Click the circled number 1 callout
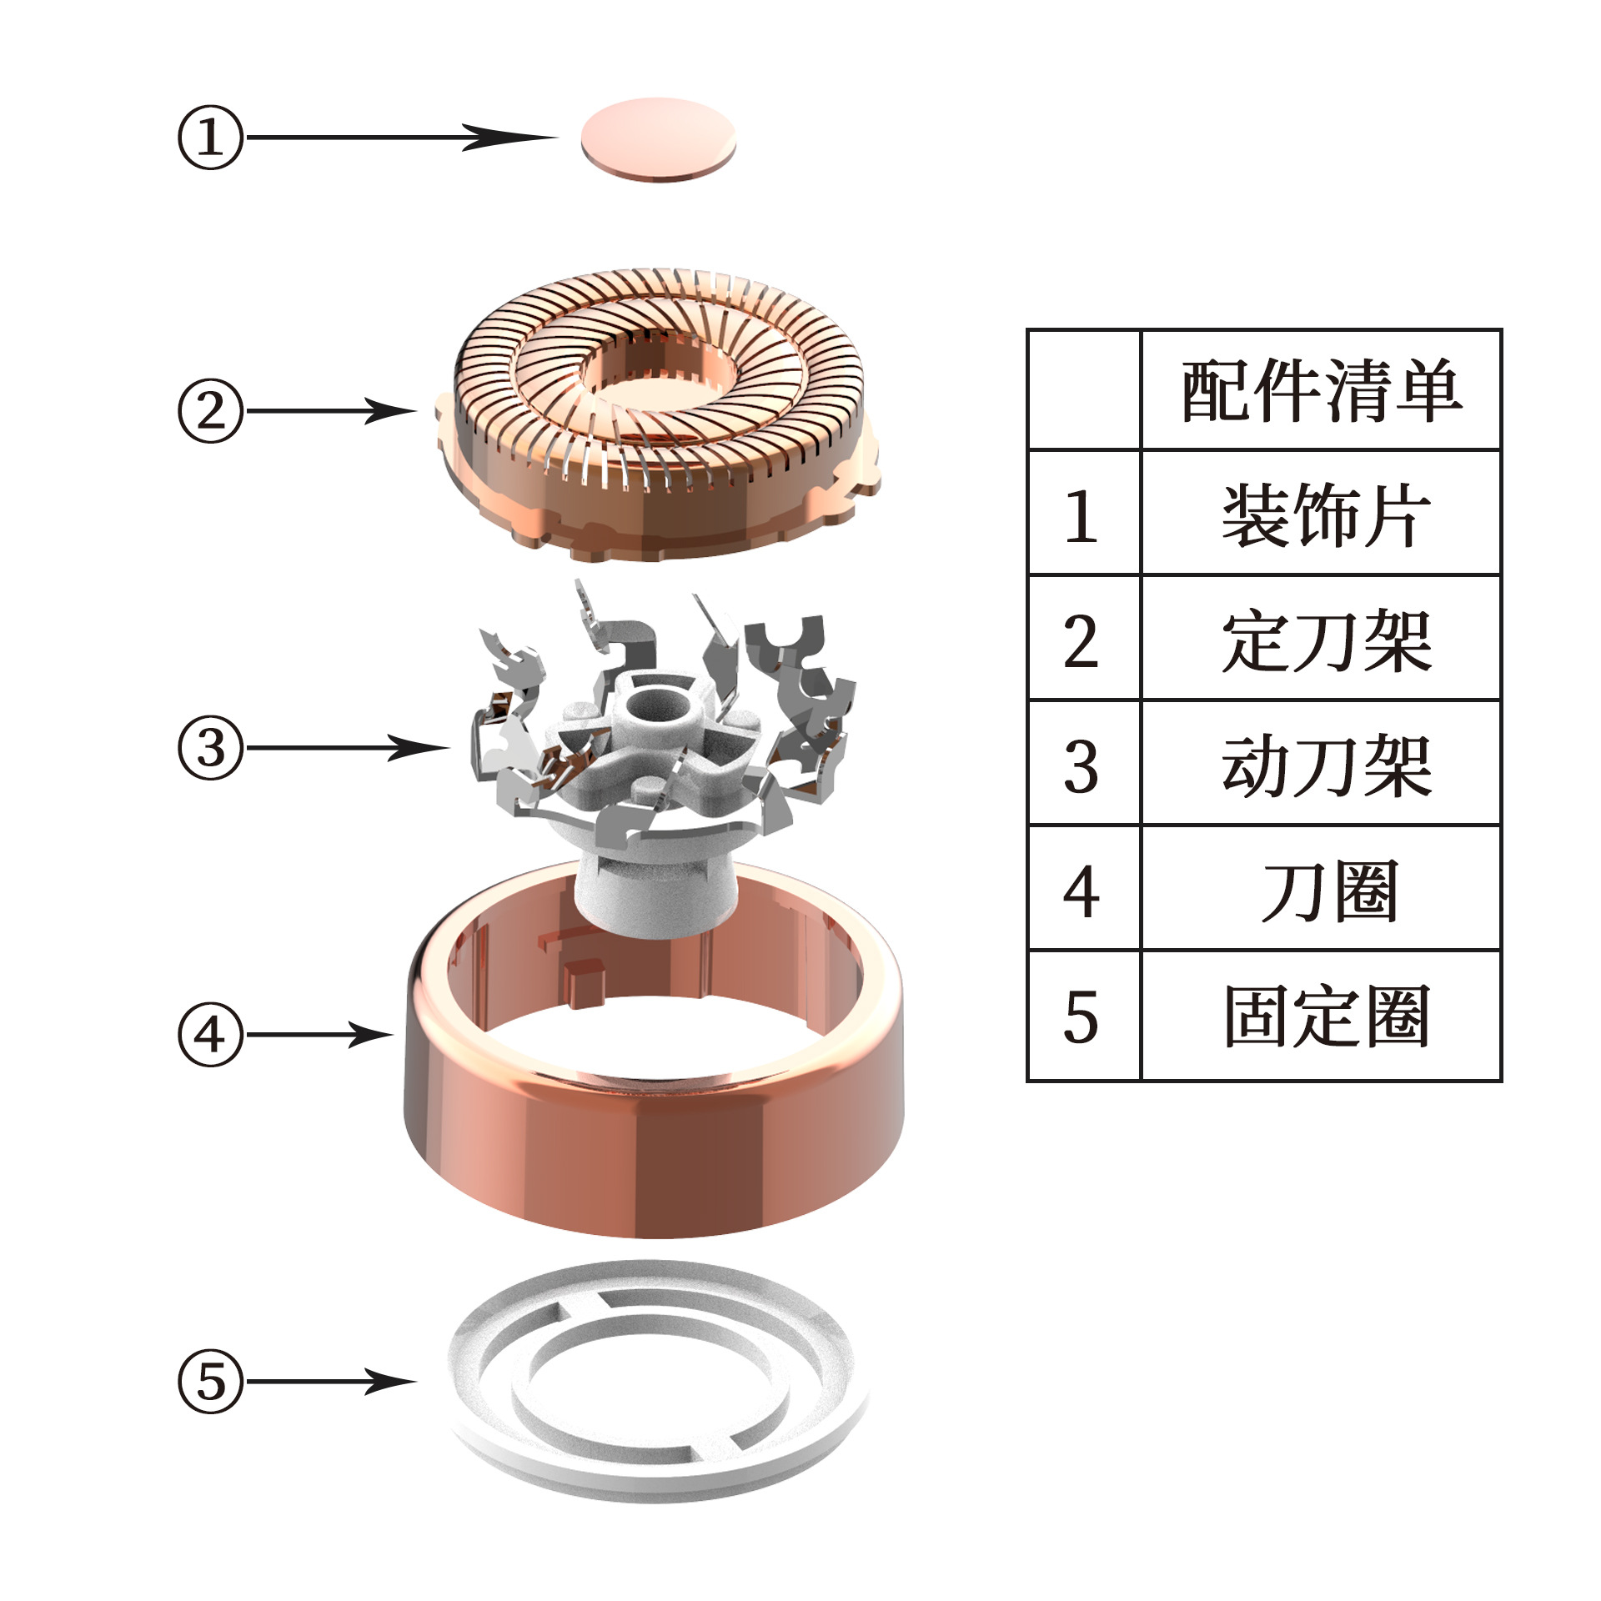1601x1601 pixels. [x=210, y=138]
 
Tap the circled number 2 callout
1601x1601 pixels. [x=210, y=411]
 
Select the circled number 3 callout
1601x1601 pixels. [x=210, y=748]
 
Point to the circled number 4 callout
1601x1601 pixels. [x=210, y=1035]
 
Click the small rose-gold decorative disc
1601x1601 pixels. [x=658, y=138]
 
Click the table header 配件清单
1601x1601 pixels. [x=1321, y=390]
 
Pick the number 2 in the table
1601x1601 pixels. [x=1082, y=641]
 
